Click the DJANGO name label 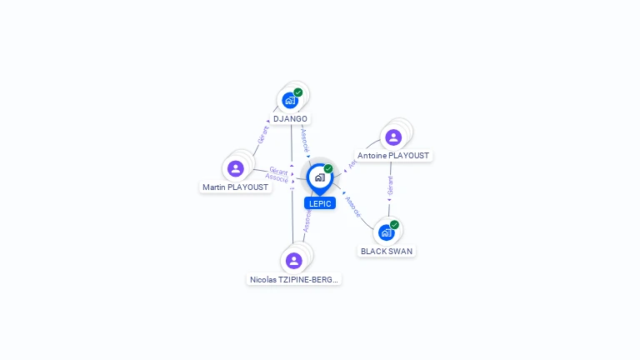[x=290, y=119]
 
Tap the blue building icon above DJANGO [x=289, y=100]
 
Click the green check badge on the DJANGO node [x=298, y=92]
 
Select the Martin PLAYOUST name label [x=236, y=187]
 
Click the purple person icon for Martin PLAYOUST [x=236, y=168]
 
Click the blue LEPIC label [x=319, y=203]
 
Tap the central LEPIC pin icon [x=319, y=177]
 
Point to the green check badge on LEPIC [x=328, y=169]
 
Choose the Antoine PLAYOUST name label [x=393, y=156]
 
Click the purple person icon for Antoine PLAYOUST [x=393, y=137]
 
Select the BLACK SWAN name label [x=386, y=251]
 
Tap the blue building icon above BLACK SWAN [x=386, y=232]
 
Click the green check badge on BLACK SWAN [x=395, y=224]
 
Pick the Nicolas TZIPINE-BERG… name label [x=294, y=280]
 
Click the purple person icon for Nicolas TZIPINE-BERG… [x=293, y=261]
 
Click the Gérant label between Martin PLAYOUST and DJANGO [x=263, y=135]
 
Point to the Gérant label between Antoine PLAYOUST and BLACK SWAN [x=390, y=185]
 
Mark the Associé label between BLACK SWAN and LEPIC [x=353, y=207]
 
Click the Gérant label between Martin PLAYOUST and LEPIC [x=278, y=171]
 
